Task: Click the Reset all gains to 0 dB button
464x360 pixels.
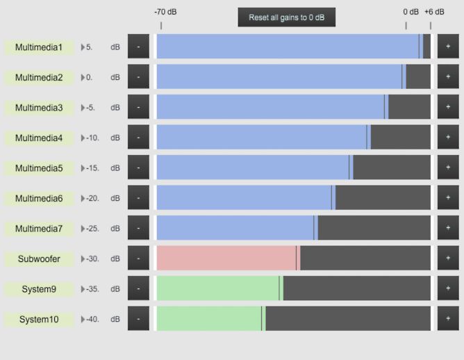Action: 286,17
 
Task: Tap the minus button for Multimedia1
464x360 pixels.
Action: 138,47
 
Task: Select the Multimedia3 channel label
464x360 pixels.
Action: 39,108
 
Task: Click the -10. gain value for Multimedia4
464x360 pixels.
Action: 92,138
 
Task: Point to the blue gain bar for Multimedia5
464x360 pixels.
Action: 253,167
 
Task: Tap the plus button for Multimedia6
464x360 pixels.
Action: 448,198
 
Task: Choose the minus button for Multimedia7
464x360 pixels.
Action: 138,228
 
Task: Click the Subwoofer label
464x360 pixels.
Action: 39,259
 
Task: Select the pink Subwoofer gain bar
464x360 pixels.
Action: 226,258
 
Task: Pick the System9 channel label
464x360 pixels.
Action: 39,289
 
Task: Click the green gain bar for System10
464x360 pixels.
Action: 209,318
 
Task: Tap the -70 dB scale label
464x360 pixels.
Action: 165,12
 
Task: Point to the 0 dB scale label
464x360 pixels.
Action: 411,12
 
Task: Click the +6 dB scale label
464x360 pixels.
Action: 434,12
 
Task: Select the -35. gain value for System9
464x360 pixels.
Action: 92,289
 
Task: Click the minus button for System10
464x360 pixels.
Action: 138,319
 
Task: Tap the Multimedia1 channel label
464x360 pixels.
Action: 39,47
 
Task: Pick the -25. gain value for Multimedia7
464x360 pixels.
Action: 92,229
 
